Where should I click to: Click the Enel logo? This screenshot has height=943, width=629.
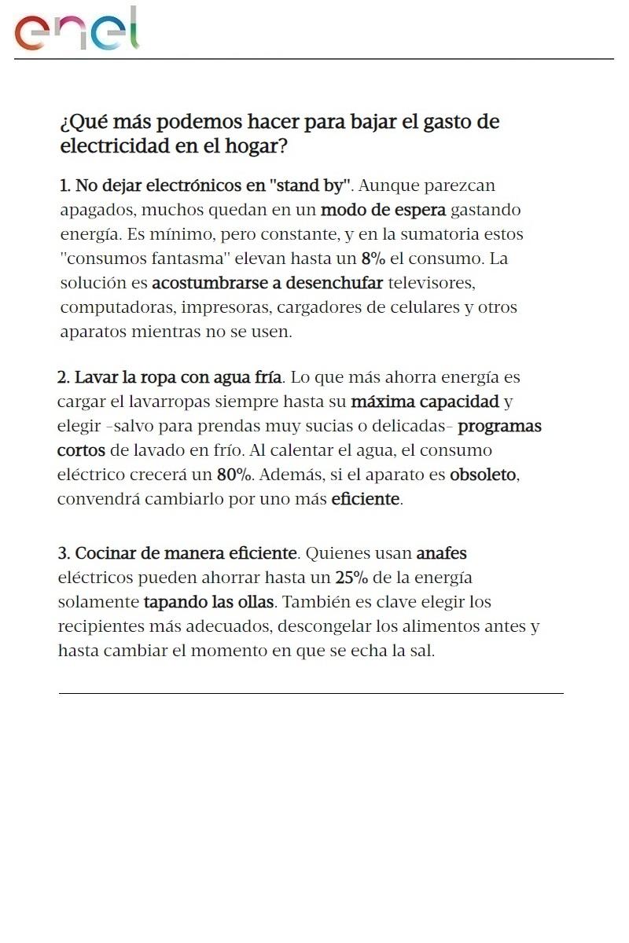pyautogui.click(x=77, y=31)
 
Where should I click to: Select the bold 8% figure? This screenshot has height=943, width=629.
pyautogui.click(x=373, y=259)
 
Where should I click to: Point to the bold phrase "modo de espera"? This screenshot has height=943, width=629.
pyautogui.click(x=383, y=211)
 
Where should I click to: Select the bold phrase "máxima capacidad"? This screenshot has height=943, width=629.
pyautogui.click(x=425, y=402)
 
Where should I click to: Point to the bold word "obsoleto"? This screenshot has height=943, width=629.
pyautogui.click(x=483, y=475)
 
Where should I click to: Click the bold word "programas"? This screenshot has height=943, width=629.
pyautogui.click(x=499, y=427)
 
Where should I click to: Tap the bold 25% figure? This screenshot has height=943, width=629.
pyautogui.click(x=351, y=578)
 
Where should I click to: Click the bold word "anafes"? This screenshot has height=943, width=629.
pyautogui.click(x=441, y=554)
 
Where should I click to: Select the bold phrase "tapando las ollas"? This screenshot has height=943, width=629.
pyautogui.click(x=208, y=603)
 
